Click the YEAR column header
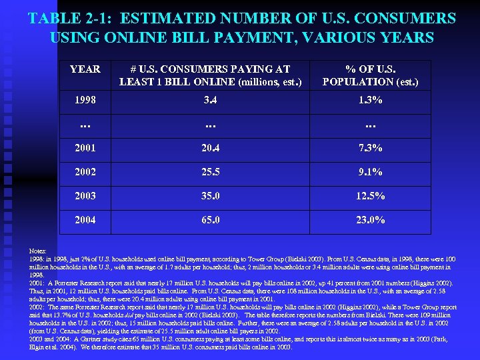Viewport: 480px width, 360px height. pos(85,69)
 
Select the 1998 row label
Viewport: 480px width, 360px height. pos(85,100)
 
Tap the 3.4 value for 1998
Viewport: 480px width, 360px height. pos(211,100)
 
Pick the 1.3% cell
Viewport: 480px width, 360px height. pos(371,100)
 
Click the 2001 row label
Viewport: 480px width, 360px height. pos(85,147)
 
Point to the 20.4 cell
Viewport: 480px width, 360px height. pos(211,147)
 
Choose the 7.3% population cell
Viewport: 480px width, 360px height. pos(371,147)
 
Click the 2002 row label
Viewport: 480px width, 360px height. pos(85,172)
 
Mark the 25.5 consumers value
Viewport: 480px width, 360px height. pos(211,172)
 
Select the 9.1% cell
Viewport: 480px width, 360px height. pos(371,172)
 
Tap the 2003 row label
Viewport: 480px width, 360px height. pos(85,196)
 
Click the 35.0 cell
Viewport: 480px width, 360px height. pos(211,196)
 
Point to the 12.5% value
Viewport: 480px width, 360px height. pos(371,196)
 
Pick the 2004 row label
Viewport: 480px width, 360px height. pos(85,220)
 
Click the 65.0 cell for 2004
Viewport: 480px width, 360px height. pos(211,220)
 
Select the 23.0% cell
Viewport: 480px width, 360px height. pos(371,220)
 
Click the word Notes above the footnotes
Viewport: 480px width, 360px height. pos(39,251)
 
